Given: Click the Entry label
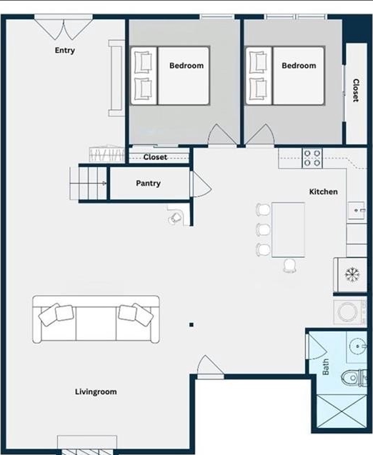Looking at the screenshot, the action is coord(65,51).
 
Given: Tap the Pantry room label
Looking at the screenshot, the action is coord(148,184).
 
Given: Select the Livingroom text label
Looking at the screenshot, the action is coord(96,391).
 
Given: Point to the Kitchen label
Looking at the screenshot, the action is coord(324,192).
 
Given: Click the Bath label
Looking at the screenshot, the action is coord(326,367).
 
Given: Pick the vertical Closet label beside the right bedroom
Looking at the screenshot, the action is coord(356,90).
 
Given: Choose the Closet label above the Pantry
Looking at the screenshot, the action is coord(155,157).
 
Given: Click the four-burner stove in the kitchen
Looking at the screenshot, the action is coord(312,158).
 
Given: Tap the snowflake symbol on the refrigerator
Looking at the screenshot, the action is coord(352,274).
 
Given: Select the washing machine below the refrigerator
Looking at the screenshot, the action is coord(350,312).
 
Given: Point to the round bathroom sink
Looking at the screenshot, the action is coord(358,346).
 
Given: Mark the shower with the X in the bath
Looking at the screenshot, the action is coord(342,411).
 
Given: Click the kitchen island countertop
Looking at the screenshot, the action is coord(288,230).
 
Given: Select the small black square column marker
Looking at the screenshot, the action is coord(192,325).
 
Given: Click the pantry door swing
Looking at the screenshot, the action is coord(201,184).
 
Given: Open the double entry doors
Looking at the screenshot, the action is coord(64,28).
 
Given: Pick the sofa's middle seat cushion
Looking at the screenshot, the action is coord(96,324).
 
